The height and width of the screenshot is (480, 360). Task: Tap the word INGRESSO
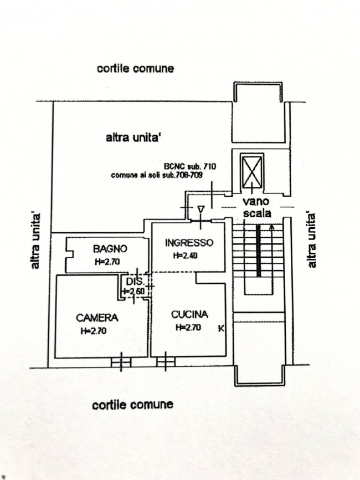189,243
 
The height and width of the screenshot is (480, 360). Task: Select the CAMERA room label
97,318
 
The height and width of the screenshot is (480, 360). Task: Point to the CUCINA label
189,314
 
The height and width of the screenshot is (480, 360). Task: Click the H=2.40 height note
186,256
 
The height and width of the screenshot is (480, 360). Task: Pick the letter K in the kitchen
221,329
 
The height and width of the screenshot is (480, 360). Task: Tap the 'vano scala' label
257,207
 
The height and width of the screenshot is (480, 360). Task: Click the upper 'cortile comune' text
136,68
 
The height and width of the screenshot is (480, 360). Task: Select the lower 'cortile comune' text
133,405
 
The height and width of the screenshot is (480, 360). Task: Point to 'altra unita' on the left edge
35,241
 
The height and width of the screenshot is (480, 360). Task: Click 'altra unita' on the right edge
311,240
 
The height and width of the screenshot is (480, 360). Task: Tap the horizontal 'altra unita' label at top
133,138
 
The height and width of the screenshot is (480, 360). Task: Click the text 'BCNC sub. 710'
190,166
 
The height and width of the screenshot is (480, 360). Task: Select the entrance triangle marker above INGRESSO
200,210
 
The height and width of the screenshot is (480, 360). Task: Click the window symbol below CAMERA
121,362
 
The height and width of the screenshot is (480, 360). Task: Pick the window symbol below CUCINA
166,362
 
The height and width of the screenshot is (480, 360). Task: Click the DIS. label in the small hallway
134,281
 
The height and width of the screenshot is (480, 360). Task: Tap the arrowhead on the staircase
271,227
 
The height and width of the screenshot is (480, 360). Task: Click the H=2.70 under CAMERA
94,331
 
